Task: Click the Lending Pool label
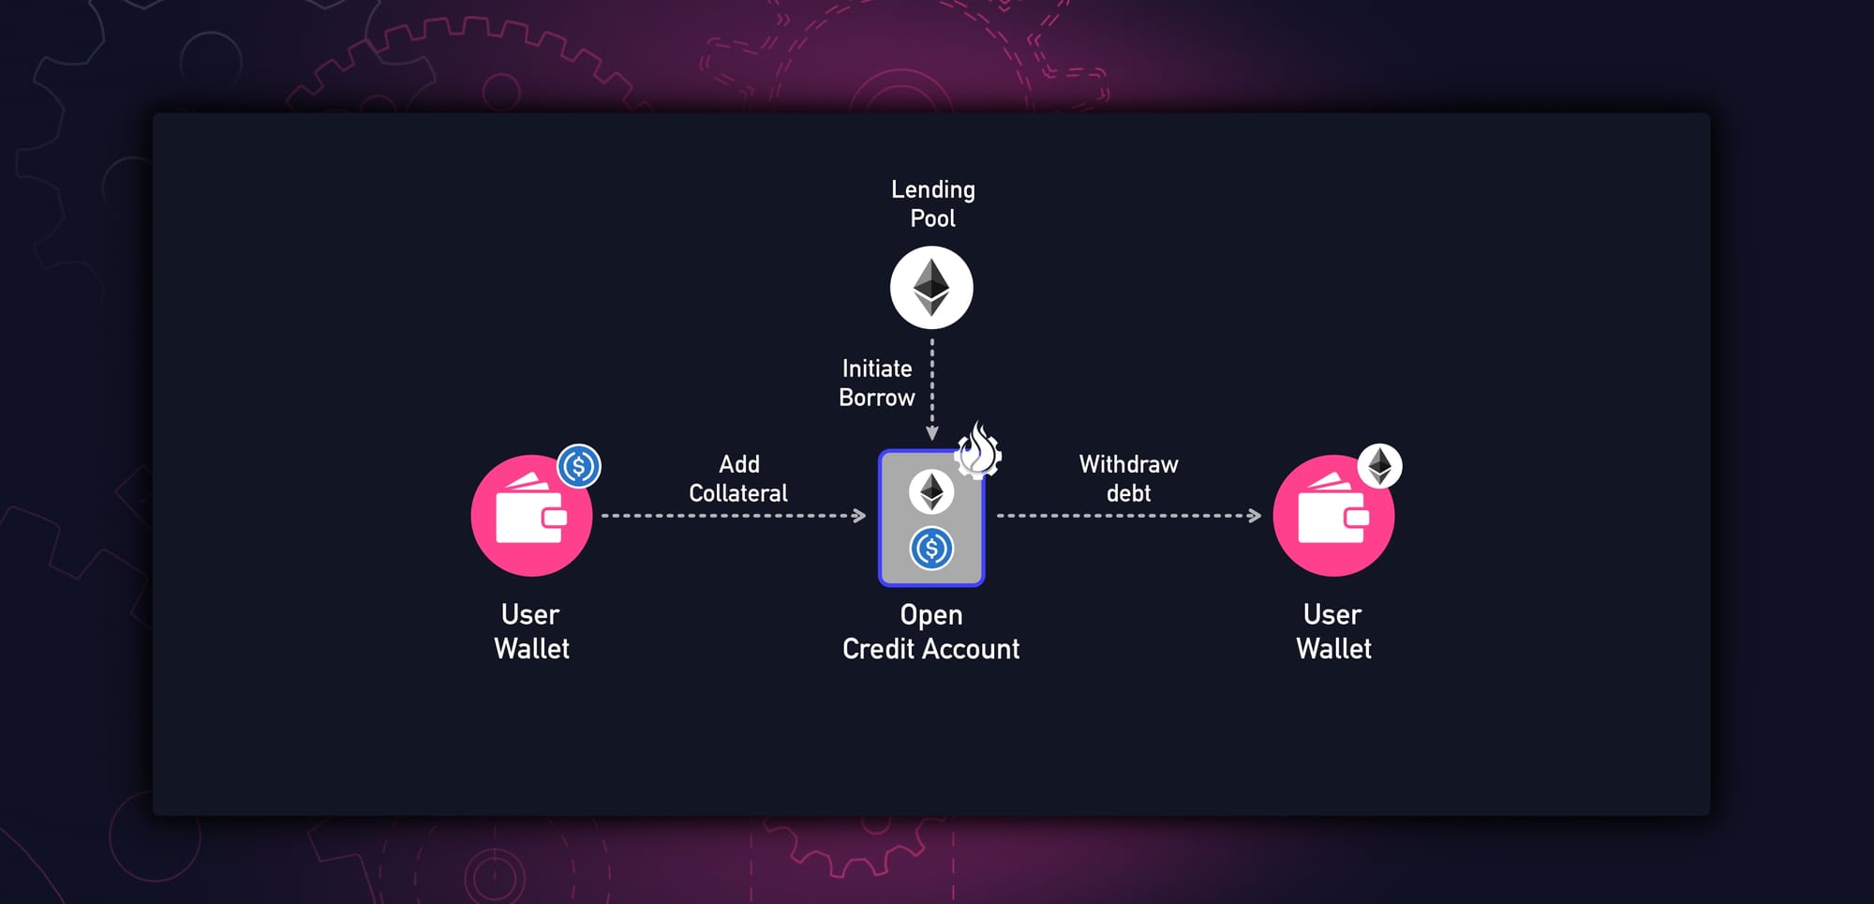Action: click(x=932, y=203)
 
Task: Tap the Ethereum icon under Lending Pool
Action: click(x=931, y=288)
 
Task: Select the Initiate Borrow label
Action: click(x=876, y=383)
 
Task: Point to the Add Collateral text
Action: click(x=738, y=478)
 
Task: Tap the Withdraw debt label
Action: click(x=1128, y=478)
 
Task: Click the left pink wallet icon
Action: click(x=530, y=516)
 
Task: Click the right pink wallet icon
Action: click(x=1332, y=516)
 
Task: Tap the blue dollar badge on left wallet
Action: click(x=579, y=466)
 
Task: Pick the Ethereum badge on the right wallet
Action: click(x=1380, y=466)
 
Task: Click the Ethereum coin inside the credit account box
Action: click(x=931, y=491)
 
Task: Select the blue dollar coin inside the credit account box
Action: click(x=931, y=549)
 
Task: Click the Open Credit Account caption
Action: click(x=930, y=631)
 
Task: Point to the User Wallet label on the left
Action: click(x=531, y=631)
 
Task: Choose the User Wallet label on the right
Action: click(x=1333, y=631)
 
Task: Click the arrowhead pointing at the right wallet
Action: click(x=1256, y=516)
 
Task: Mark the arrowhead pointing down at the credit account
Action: click(x=932, y=433)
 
